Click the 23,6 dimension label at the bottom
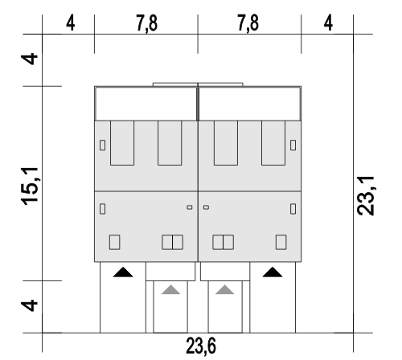click(x=201, y=346)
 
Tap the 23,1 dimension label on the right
click(x=366, y=195)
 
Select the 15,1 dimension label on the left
click(x=30, y=186)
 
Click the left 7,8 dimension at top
click(x=147, y=23)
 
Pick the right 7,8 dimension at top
click(x=248, y=23)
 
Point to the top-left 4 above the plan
click(x=70, y=23)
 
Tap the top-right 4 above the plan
click(x=328, y=23)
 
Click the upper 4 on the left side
click(x=30, y=59)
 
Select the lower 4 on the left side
click(x=30, y=305)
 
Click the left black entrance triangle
click(x=123, y=272)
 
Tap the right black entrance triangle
click(x=273, y=272)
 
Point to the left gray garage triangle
click(x=170, y=290)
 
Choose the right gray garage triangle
click(x=224, y=290)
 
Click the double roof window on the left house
click(x=173, y=242)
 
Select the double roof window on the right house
click(x=224, y=242)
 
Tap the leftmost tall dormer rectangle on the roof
click(x=122, y=143)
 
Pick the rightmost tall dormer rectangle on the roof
click(x=273, y=143)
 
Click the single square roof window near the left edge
click(x=115, y=242)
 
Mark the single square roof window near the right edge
click(x=281, y=242)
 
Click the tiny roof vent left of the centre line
click(x=190, y=207)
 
